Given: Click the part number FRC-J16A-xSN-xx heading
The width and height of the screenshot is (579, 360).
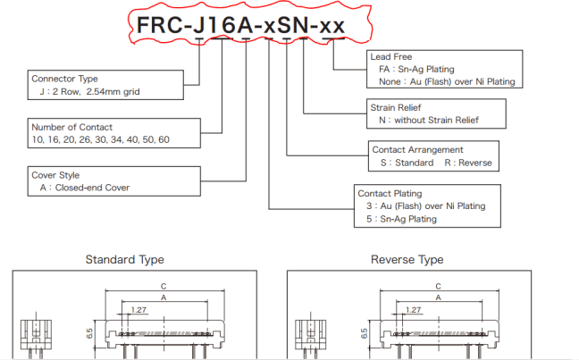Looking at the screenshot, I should point(240,26).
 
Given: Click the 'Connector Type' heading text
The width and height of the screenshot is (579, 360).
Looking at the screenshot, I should point(64,79).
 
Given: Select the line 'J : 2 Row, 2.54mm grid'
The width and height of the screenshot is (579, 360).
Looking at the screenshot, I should point(88,91).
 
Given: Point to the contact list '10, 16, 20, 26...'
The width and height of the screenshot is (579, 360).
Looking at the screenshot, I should point(99,140).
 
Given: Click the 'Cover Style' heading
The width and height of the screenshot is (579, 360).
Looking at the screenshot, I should point(56,175).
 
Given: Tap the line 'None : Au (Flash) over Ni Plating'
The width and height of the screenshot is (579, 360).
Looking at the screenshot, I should point(447,82).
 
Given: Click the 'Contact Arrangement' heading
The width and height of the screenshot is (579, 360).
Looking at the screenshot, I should point(416,150).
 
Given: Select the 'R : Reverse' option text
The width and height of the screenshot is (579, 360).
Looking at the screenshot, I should point(468,163).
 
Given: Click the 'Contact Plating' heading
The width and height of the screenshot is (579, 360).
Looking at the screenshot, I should point(390,193).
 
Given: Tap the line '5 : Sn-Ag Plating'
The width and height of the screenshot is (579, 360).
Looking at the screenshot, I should point(402,219).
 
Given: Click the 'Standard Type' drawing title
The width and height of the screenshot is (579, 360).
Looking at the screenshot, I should point(124,260).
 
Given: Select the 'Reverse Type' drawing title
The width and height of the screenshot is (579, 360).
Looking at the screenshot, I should point(407,260).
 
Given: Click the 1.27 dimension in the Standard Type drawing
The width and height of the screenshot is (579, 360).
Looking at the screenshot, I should point(138,310).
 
